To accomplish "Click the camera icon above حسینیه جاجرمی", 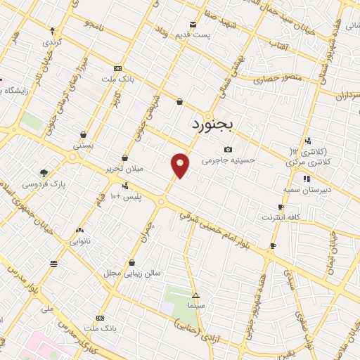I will point(229,149).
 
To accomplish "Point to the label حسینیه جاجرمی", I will point(229,160).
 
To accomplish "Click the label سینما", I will point(196,307).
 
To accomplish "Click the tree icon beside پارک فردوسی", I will point(44,173).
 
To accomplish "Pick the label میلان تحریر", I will point(124,169).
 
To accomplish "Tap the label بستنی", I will point(83,145).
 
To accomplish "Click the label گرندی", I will point(52,41).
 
